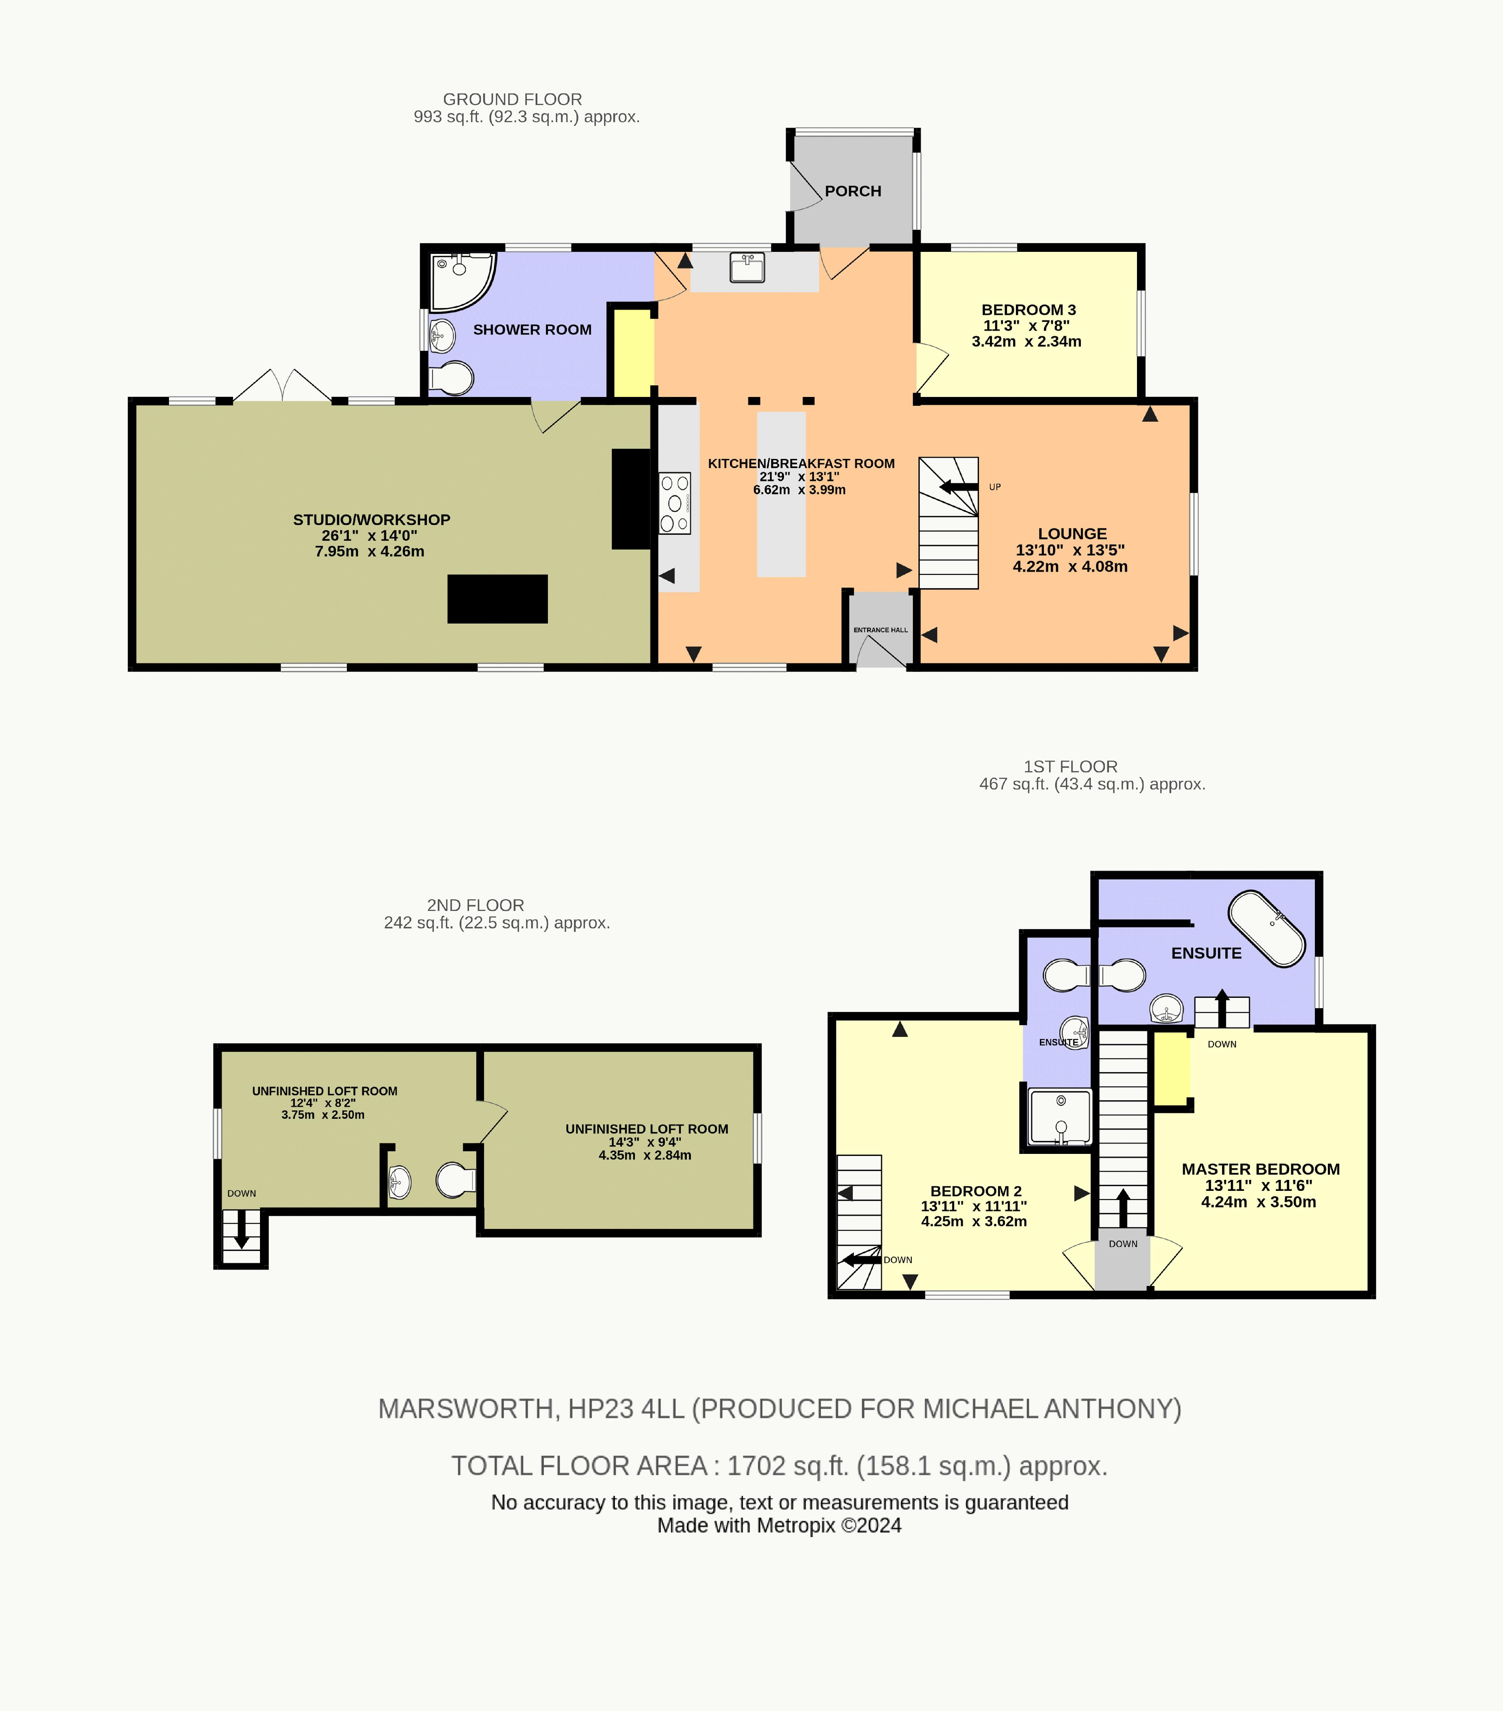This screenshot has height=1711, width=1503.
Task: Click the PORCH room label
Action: coord(853,191)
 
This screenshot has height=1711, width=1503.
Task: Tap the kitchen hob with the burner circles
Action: coord(675,503)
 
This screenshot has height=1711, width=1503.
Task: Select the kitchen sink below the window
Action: coord(747,268)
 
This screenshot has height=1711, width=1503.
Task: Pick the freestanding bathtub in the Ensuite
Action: coord(1266,929)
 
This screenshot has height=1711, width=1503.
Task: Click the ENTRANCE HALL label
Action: coord(880,630)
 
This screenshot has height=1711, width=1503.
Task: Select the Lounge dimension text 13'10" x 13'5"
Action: coord(1070,550)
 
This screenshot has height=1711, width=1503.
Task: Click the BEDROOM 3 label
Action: coord(1029,310)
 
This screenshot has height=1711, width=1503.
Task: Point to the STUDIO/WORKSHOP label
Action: coord(371,520)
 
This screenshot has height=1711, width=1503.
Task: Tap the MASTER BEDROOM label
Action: coord(1260,1169)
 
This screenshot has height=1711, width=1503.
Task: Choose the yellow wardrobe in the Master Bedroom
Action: coord(1172,1070)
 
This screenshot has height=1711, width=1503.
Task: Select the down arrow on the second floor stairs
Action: coord(241,1231)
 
